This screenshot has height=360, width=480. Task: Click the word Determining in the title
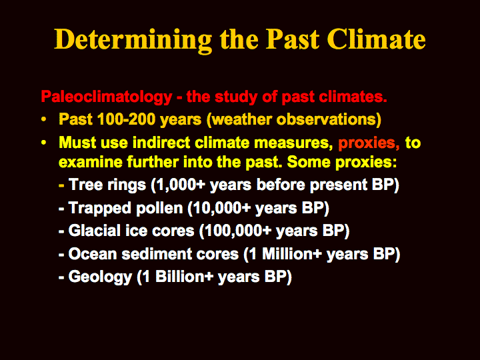(133, 40)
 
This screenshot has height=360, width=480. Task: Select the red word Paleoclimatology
(107, 97)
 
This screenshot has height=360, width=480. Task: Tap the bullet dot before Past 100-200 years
(44, 119)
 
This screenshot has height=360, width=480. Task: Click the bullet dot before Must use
(44, 143)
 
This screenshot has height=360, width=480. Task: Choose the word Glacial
(95, 231)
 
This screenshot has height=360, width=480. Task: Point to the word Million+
(292, 254)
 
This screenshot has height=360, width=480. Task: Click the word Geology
(100, 277)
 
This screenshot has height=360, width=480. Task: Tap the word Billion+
(184, 277)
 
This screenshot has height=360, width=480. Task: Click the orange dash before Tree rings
(61, 185)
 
